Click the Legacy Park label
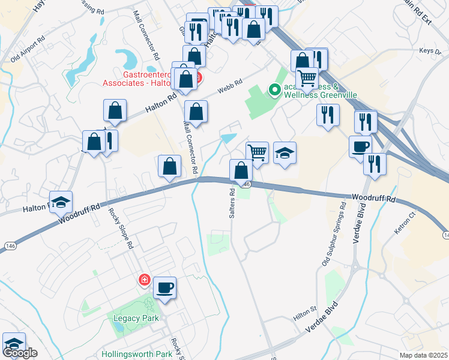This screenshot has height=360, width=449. pyautogui.click(x=133, y=318)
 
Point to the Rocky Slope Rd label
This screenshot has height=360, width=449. pyautogui.click(x=120, y=228)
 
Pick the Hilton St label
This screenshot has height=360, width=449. pyautogui.click(x=305, y=310)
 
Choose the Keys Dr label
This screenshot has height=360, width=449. pyautogui.click(x=431, y=50)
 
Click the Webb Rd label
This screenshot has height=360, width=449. pyautogui.click(x=230, y=86)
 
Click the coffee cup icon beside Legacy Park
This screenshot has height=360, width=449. pyautogui.click(x=164, y=287)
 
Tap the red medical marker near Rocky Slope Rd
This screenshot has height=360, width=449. pyautogui.click(x=144, y=280)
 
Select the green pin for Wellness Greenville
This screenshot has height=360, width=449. pyautogui.click(x=275, y=91)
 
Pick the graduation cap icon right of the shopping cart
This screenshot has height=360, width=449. pyautogui.click(x=285, y=153)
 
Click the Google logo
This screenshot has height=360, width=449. pyautogui.click(x=20, y=353)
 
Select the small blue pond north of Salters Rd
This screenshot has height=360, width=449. pyautogui.click(x=228, y=139)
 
